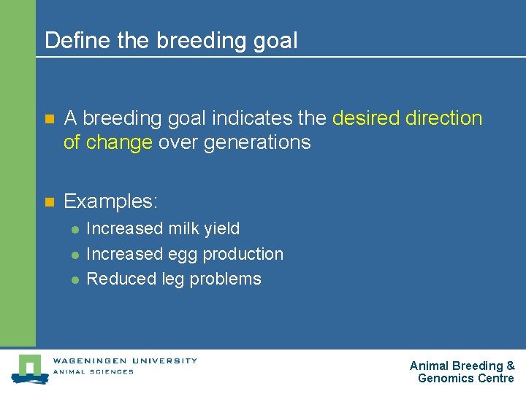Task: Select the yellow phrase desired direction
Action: point(407,118)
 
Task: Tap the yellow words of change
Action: point(108,142)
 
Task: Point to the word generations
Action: point(257,142)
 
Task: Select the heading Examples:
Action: point(111,201)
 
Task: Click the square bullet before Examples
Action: point(49,201)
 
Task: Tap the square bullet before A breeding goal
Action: point(49,119)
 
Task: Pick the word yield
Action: point(222,228)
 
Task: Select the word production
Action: point(243,254)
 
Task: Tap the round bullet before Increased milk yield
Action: point(75,229)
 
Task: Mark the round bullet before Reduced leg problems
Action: point(75,279)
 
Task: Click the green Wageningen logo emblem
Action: point(29,368)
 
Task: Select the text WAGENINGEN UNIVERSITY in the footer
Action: point(125,360)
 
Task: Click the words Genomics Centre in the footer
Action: point(465,378)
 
